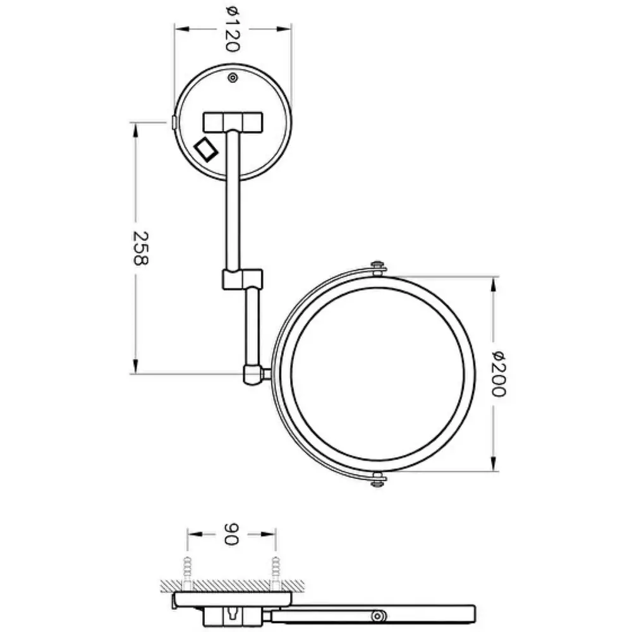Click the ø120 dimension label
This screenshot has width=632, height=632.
point(232,30)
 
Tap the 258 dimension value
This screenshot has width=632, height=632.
point(141,248)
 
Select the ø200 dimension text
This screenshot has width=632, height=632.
point(499,374)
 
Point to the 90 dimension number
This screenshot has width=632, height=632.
point(231,534)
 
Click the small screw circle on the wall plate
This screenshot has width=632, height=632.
point(233,77)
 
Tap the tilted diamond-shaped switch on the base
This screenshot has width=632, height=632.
point(206,150)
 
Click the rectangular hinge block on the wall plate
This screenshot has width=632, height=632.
point(233,123)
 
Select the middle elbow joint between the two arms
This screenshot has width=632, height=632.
point(243,279)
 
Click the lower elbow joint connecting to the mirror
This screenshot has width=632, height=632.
point(253,374)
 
